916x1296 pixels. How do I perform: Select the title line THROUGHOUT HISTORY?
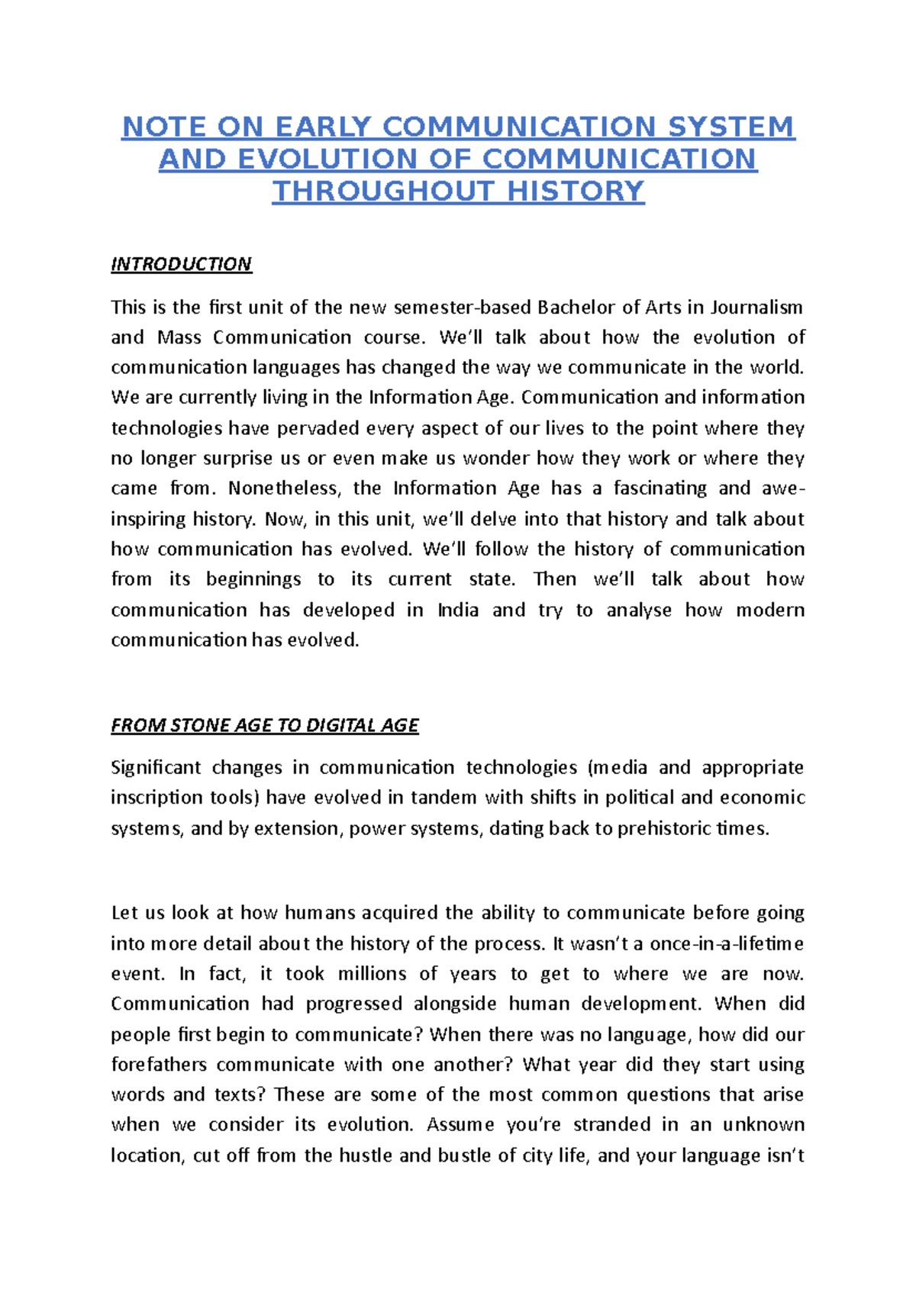[x=458, y=191]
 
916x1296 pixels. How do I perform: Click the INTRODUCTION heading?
[x=181, y=264]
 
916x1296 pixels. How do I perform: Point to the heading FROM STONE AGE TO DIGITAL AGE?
[x=264, y=725]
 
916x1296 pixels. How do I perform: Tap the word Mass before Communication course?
[x=179, y=337]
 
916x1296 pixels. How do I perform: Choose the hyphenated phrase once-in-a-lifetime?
[x=727, y=943]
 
